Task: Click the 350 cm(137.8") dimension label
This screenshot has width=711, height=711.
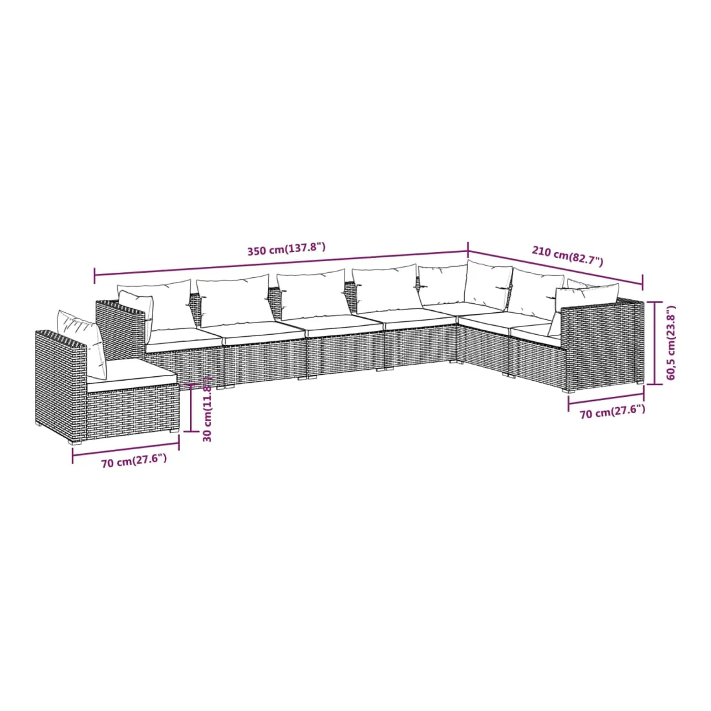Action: pyautogui.click(x=286, y=248)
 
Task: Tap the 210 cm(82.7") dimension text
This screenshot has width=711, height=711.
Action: pyautogui.click(x=568, y=256)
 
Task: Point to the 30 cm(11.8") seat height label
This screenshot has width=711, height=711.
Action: pyautogui.click(x=207, y=409)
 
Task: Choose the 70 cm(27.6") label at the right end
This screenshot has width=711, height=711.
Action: pyautogui.click(x=612, y=412)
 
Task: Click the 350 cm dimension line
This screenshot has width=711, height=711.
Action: pyautogui.click(x=281, y=264)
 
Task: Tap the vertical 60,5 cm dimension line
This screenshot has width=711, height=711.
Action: pyautogui.click(x=655, y=343)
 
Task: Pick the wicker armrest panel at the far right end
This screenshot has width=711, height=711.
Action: pyautogui.click(x=602, y=345)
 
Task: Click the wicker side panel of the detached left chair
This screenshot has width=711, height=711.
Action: pyautogui.click(x=61, y=381)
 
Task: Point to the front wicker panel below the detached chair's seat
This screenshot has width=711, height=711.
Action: pyautogui.click(x=133, y=410)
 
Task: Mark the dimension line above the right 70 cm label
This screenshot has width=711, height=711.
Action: pyautogui.click(x=606, y=398)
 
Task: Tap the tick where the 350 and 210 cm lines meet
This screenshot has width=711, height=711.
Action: pyautogui.click(x=469, y=251)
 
